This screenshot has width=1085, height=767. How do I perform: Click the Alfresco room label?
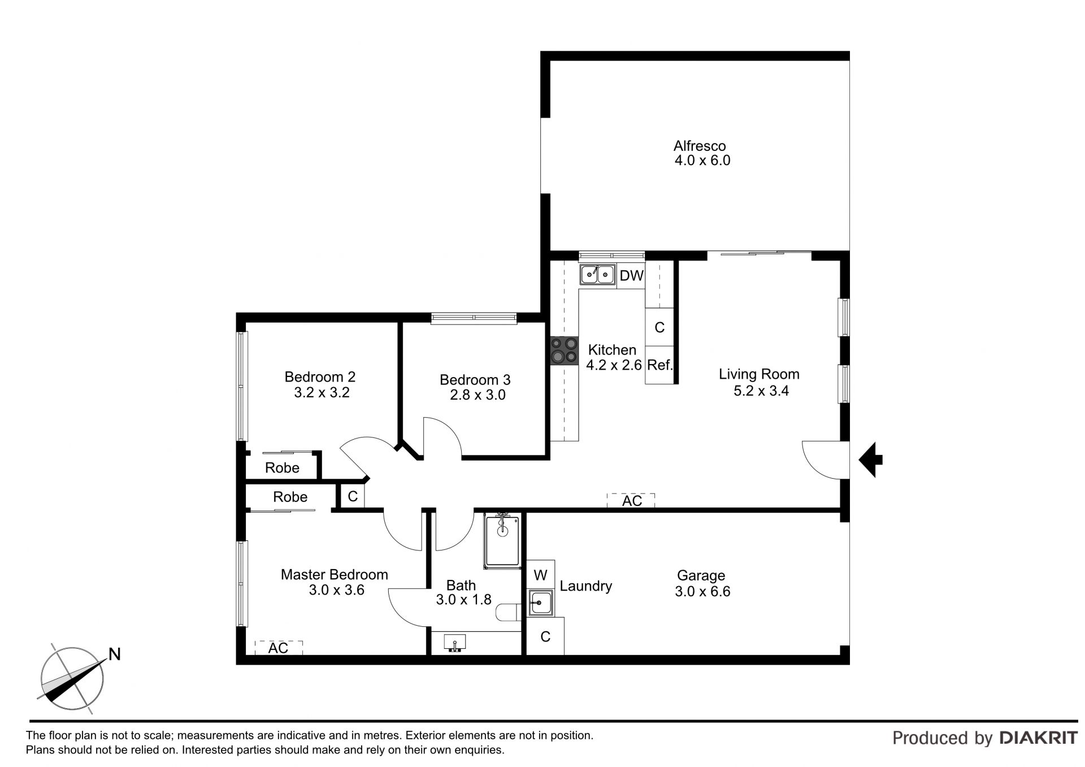point(700,146)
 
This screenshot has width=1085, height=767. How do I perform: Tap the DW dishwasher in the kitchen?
point(631,275)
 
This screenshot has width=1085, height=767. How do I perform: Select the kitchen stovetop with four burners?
point(565,350)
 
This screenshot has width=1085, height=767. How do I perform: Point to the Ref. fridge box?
point(659,365)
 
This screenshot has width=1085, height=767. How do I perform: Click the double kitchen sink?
point(598,275)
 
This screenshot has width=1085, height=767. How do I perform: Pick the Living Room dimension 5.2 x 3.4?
point(761,391)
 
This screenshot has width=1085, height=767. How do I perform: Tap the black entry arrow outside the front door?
point(871,460)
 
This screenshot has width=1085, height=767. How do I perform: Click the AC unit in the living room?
point(631,500)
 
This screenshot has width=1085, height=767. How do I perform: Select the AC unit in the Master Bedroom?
point(279,648)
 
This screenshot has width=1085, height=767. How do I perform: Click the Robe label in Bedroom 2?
point(282,468)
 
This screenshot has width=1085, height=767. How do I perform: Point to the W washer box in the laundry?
point(540,575)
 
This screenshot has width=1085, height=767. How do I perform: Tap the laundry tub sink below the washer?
point(541,603)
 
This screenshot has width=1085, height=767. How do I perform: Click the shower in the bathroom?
point(502,541)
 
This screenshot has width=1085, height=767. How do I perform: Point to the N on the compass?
point(115,654)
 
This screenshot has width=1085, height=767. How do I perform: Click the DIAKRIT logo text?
point(1039,738)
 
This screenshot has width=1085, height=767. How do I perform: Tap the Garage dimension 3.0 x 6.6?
point(702,591)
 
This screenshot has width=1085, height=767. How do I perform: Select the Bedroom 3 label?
point(475,380)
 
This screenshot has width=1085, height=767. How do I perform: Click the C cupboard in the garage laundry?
point(545,636)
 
